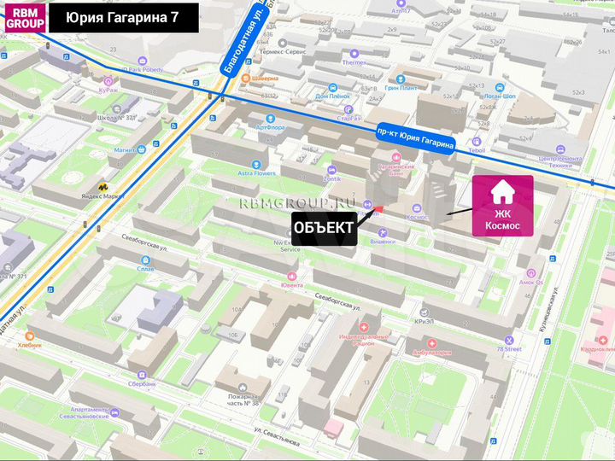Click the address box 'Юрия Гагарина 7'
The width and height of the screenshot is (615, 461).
click(123, 18)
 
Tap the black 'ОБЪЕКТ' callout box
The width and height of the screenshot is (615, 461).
click(324, 227)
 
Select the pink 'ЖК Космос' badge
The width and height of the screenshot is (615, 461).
click(503, 206)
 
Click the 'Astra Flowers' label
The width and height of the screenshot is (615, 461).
click(257, 173)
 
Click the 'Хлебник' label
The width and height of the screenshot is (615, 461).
click(30, 345)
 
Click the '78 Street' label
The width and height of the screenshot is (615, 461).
click(509, 348)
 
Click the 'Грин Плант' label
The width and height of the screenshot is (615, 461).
click(401, 88)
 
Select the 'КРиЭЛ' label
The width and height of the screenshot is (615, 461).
click(425, 322)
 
